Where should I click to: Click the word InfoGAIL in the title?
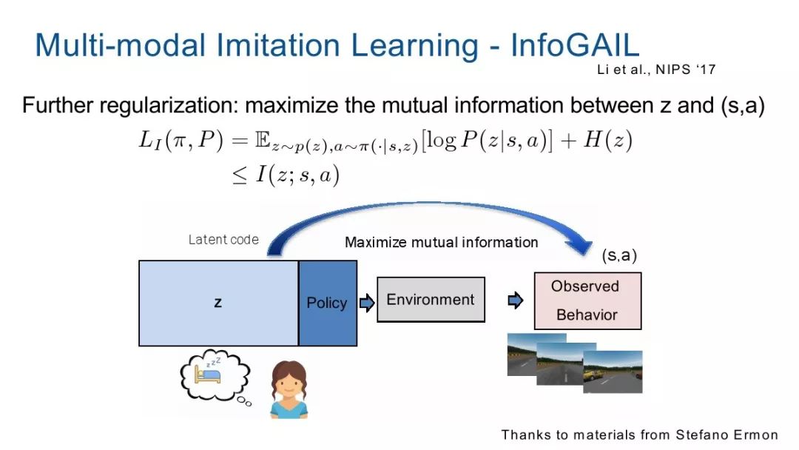575,45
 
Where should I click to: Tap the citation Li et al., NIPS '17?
656,70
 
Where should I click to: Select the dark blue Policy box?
328,303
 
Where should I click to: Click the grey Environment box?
431,300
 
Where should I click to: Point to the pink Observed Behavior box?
587,300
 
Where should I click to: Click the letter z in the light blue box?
218,303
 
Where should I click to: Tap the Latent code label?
223,240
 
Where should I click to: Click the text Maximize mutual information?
441,243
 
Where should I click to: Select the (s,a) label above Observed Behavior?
619,255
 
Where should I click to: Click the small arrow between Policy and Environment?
367,303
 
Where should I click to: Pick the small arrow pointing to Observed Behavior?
516,300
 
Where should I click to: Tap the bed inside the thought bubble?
208,375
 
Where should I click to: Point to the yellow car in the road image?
593,375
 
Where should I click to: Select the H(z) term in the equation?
608,140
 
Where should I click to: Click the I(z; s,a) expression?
297,175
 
